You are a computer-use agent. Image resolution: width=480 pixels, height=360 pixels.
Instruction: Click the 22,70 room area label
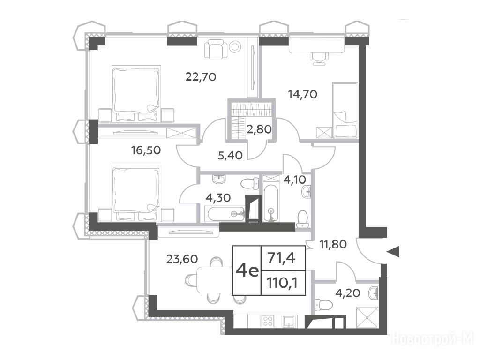[x=201, y=76]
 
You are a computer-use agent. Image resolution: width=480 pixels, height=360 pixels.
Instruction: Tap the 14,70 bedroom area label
[x=303, y=94]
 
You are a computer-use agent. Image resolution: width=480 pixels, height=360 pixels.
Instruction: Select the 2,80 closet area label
[x=259, y=129]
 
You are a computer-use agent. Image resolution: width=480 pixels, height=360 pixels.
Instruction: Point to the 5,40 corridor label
[x=230, y=156]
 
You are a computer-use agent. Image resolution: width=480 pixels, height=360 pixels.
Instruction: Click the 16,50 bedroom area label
[x=146, y=150]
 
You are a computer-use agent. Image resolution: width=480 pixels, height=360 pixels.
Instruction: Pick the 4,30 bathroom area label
[x=218, y=198]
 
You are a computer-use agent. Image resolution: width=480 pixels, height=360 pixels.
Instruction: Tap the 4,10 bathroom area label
[x=295, y=180]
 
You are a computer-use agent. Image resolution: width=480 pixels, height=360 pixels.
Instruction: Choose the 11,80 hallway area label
[x=333, y=244]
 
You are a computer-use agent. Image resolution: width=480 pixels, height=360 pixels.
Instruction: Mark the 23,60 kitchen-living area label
[x=182, y=259]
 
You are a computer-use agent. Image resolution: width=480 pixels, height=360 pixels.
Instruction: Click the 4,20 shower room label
[x=348, y=293]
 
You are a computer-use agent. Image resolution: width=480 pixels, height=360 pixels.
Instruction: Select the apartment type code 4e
[x=247, y=270]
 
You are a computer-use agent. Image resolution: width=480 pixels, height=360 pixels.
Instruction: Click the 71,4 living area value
[x=281, y=258]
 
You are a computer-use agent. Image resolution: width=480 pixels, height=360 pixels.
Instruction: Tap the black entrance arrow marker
[x=393, y=252]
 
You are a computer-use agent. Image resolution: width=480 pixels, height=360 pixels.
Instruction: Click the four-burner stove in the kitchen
[x=268, y=322]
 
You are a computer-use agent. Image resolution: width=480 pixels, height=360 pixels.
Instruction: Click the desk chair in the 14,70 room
[x=319, y=58]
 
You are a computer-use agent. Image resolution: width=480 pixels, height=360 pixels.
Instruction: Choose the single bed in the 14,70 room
[x=345, y=110]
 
